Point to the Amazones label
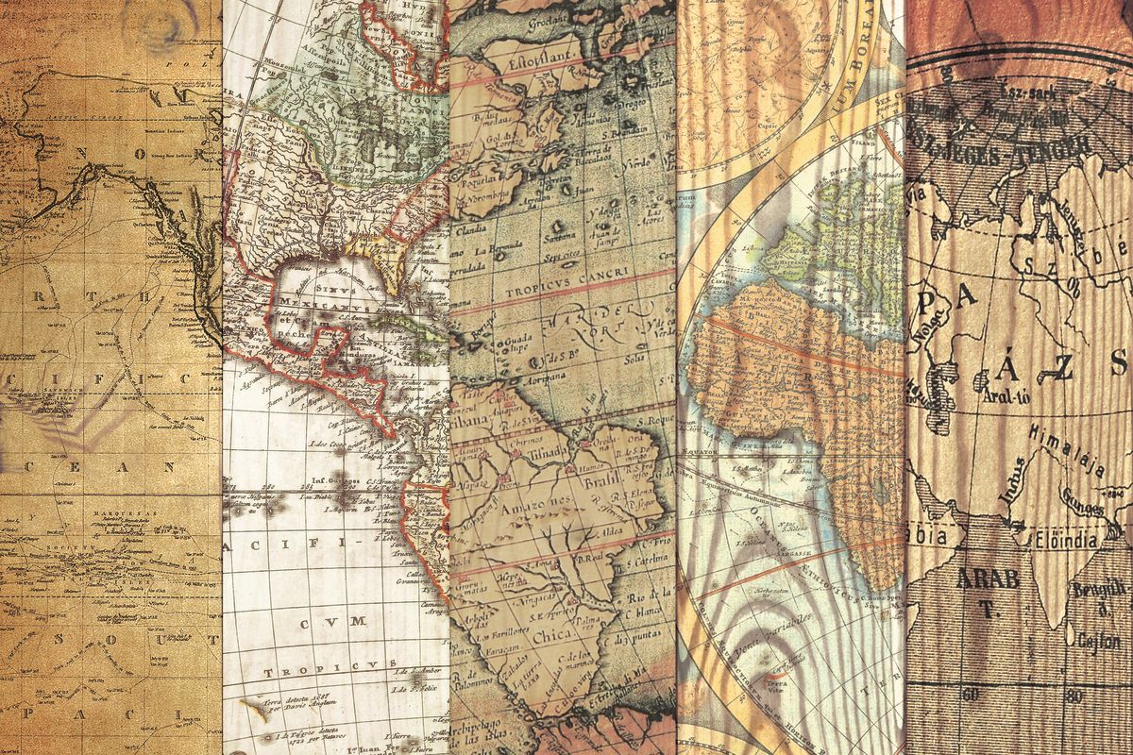(x=522, y=509)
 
